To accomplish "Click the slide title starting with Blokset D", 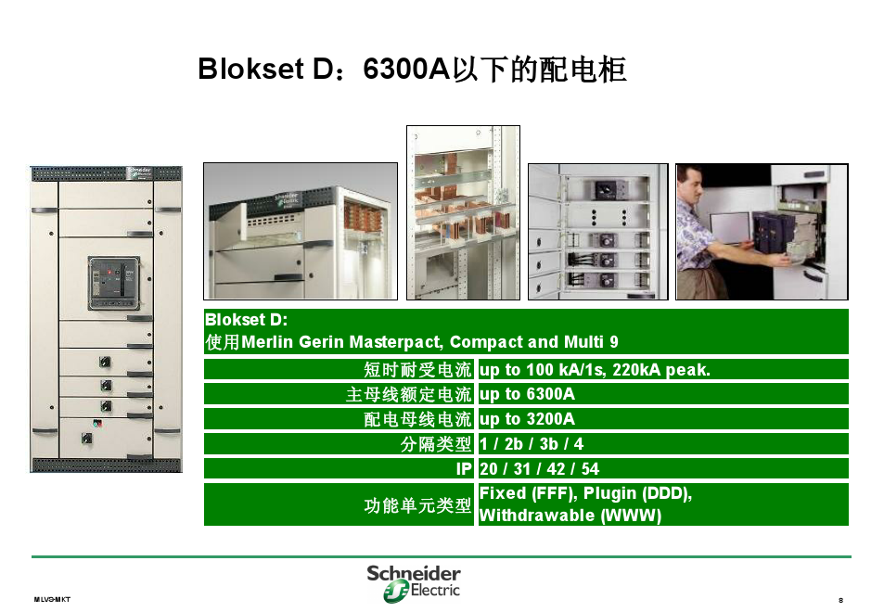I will pyautogui.click(x=412, y=70).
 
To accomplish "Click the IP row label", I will pyautogui.click(x=464, y=469).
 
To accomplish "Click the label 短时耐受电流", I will pyautogui.click(x=417, y=370).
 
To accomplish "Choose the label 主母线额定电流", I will pyautogui.click(x=408, y=394).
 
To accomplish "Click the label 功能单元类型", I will pyautogui.click(x=417, y=505).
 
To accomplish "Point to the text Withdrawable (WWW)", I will pyautogui.click(x=570, y=516).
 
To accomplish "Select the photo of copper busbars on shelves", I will pyautogui.click(x=463, y=212).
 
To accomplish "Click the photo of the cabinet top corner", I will pyautogui.click(x=300, y=231).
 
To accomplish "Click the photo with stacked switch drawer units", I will pyautogui.click(x=596, y=232).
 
